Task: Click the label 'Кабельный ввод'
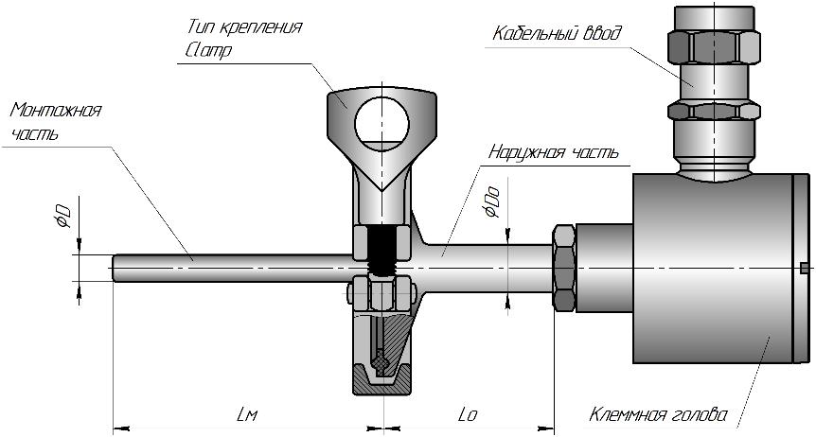click(x=557, y=34)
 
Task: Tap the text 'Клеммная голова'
click(x=658, y=414)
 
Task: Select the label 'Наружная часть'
click(x=554, y=151)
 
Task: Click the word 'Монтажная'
click(x=56, y=110)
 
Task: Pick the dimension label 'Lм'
click(x=246, y=414)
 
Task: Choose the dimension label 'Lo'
click(x=467, y=414)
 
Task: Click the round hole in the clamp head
click(x=381, y=123)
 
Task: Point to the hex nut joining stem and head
click(x=564, y=268)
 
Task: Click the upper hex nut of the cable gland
click(x=714, y=44)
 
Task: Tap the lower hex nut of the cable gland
click(x=714, y=110)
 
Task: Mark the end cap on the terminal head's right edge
click(x=801, y=268)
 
